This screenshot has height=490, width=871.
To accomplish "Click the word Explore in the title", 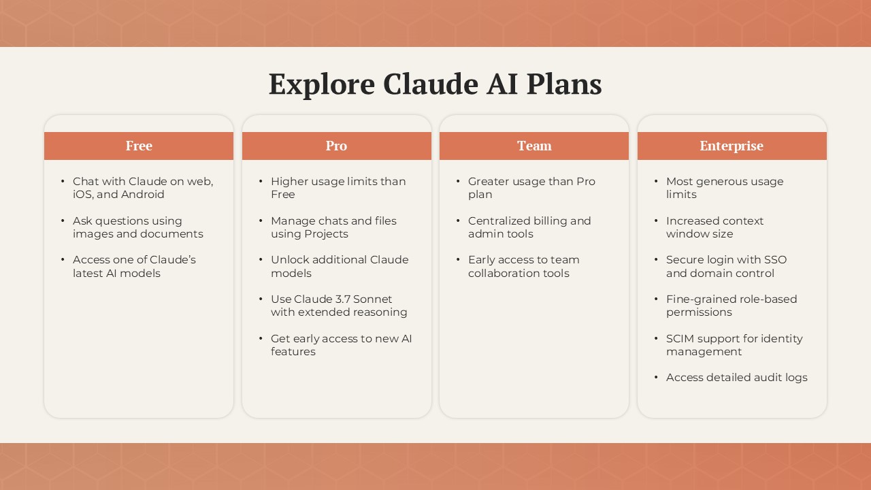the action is pos(322,85).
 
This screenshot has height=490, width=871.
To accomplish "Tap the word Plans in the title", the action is pos(564,84).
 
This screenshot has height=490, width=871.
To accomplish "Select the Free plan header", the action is pos(139,146).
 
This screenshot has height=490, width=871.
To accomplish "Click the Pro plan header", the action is pos(336,146).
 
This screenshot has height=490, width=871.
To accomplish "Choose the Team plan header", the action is pos(534,146).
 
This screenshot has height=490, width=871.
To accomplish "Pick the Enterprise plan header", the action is pos(732,146).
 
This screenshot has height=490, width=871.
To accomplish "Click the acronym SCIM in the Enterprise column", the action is pos(680,339).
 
